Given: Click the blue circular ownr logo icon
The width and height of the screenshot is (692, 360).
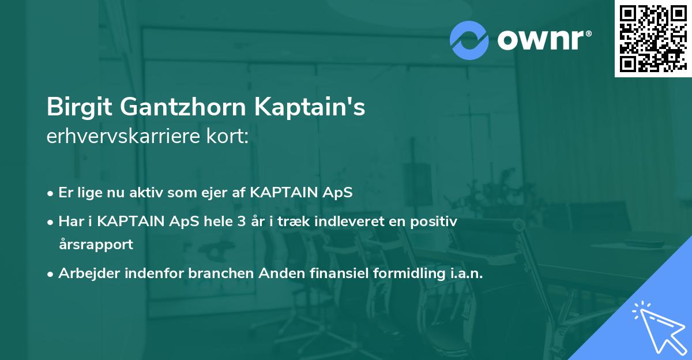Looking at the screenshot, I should pos(469,40).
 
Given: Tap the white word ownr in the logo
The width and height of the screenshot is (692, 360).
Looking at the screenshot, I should pos(540,40).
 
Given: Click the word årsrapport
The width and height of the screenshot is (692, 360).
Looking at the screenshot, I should pos(96,244).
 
